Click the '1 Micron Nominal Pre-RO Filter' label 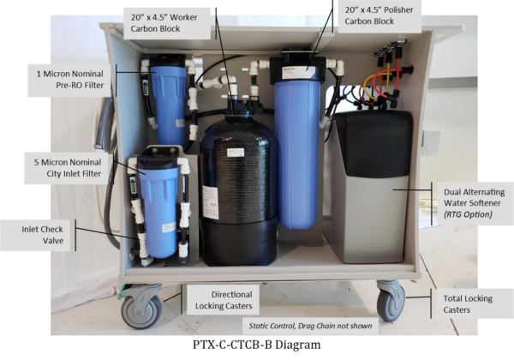(70, 80)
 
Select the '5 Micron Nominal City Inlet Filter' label (68, 168)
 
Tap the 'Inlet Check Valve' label (42, 235)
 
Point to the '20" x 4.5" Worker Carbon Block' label (164, 23)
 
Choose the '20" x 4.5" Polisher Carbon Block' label (379, 15)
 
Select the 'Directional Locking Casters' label (224, 300)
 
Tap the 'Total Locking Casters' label (468, 304)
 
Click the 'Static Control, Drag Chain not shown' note (310, 326)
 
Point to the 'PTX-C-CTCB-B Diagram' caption (257, 345)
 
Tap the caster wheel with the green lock (141, 307)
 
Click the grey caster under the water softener (391, 300)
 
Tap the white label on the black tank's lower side (211, 202)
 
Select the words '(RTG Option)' (468, 214)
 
